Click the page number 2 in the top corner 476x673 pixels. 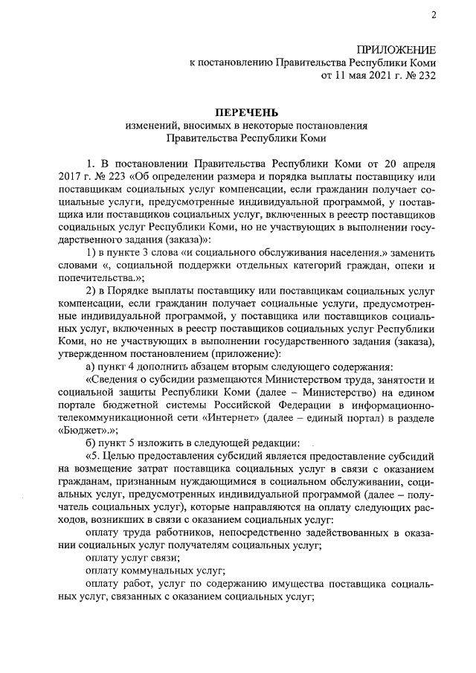[x=433, y=16]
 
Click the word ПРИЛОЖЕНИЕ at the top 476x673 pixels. [x=396, y=48]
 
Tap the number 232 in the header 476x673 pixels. [x=423, y=75]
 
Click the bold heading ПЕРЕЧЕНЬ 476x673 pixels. [x=236, y=111]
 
